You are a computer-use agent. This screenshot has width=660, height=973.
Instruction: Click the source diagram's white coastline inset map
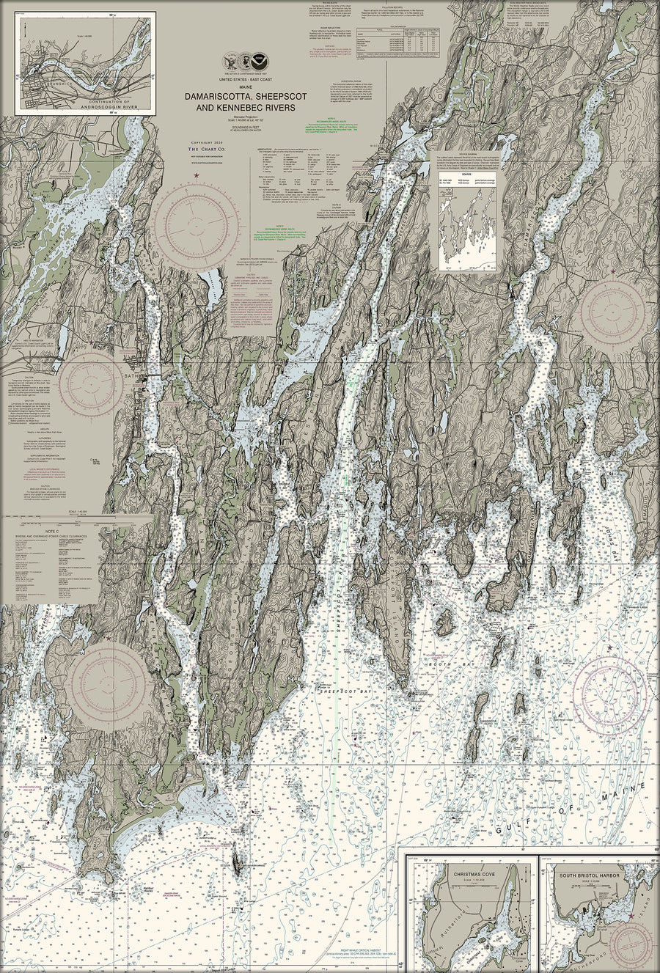click(466, 229)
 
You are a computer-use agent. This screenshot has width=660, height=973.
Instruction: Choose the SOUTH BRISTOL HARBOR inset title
click(589, 875)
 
